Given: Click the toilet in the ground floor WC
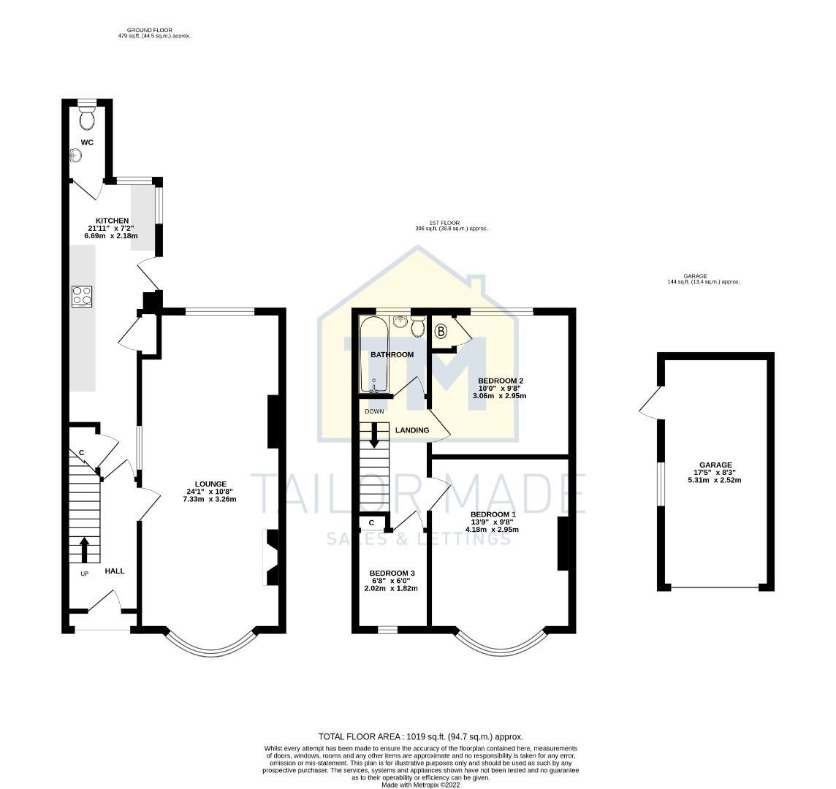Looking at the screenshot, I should [86, 116].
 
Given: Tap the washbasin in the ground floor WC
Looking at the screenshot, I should [75, 155].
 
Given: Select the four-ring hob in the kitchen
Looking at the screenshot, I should [83, 296].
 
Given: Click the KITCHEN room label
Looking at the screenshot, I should [113, 221].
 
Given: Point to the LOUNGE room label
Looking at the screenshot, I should [210, 484].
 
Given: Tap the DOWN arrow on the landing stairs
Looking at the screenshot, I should [374, 434].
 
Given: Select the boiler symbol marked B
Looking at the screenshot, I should [441, 332].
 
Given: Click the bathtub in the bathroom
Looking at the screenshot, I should [373, 355].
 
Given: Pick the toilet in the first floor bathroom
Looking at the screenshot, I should [418, 328].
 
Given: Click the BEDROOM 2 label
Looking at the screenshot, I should [501, 381].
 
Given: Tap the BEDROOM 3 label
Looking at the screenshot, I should [392, 573].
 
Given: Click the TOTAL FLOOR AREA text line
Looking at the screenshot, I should [421, 737].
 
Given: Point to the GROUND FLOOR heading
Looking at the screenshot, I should [154, 30].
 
